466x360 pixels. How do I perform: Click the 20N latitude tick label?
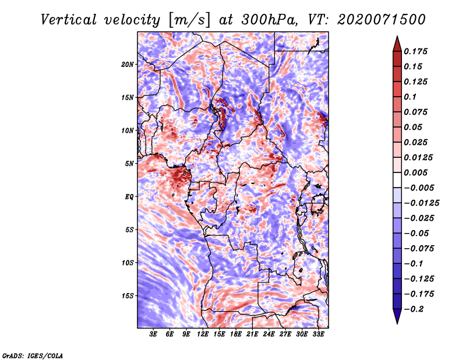click(128, 64)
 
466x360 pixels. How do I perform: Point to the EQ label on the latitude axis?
click(129, 196)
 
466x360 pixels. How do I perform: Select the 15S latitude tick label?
click(128, 295)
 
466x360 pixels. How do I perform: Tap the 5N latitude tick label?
click(129, 163)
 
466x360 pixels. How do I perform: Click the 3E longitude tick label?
click(154, 334)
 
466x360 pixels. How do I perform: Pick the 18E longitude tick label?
click(236, 334)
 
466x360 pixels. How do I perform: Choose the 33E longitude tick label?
click(318, 334)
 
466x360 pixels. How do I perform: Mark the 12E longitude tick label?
click(203, 334)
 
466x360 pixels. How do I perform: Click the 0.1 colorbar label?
click(411, 97)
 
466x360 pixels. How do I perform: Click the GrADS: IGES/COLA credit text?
click(33, 355)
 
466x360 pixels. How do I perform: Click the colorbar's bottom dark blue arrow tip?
click(397, 322)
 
